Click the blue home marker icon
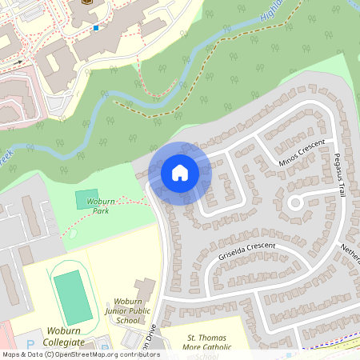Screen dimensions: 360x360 click(x=179, y=173)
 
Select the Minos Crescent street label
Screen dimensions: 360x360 click(x=302, y=154)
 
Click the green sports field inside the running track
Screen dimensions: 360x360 click(x=71, y=297)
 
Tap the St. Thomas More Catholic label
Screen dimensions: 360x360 click(x=209, y=342)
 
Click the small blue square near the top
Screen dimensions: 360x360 click(x=96, y=28)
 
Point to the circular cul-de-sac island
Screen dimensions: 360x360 click(x=295, y=202)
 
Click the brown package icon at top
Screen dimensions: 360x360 click(x=86, y=2)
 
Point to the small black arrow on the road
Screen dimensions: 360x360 click(x=18, y=61)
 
